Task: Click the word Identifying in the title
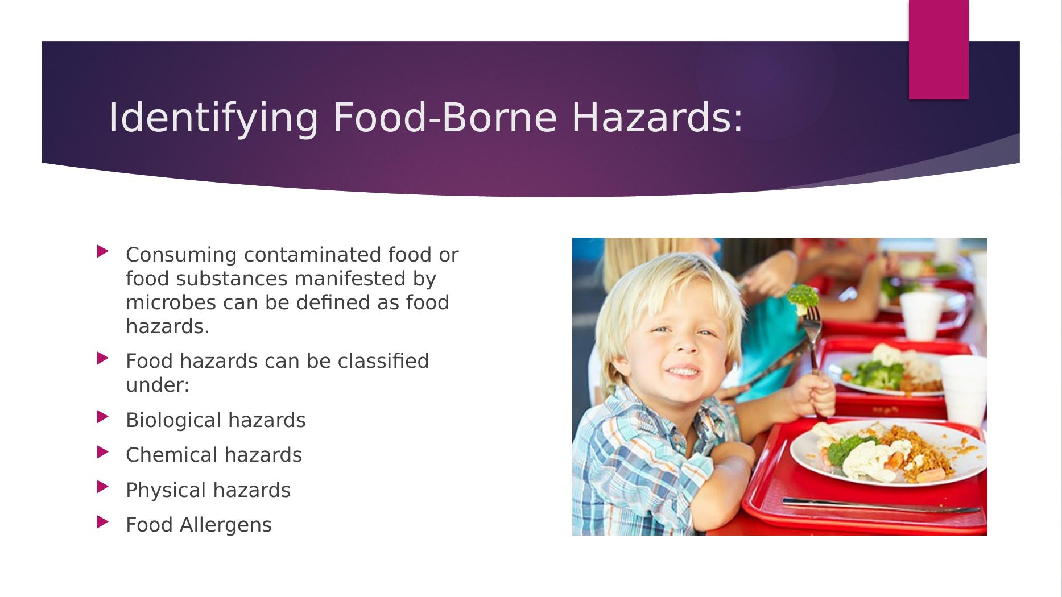pos(213,118)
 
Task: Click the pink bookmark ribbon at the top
pos(939,49)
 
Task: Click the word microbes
pos(171,302)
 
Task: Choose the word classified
pos(385,361)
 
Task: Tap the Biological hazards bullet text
pos(216,420)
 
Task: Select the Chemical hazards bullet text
pos(214,455)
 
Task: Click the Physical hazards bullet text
pos(208,490)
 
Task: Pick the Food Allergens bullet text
pos(199,525)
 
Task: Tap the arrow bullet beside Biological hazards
pos(102,417)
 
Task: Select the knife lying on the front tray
pos(881,505)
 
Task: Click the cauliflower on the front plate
pos(862,459)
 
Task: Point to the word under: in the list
pos(158,385)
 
